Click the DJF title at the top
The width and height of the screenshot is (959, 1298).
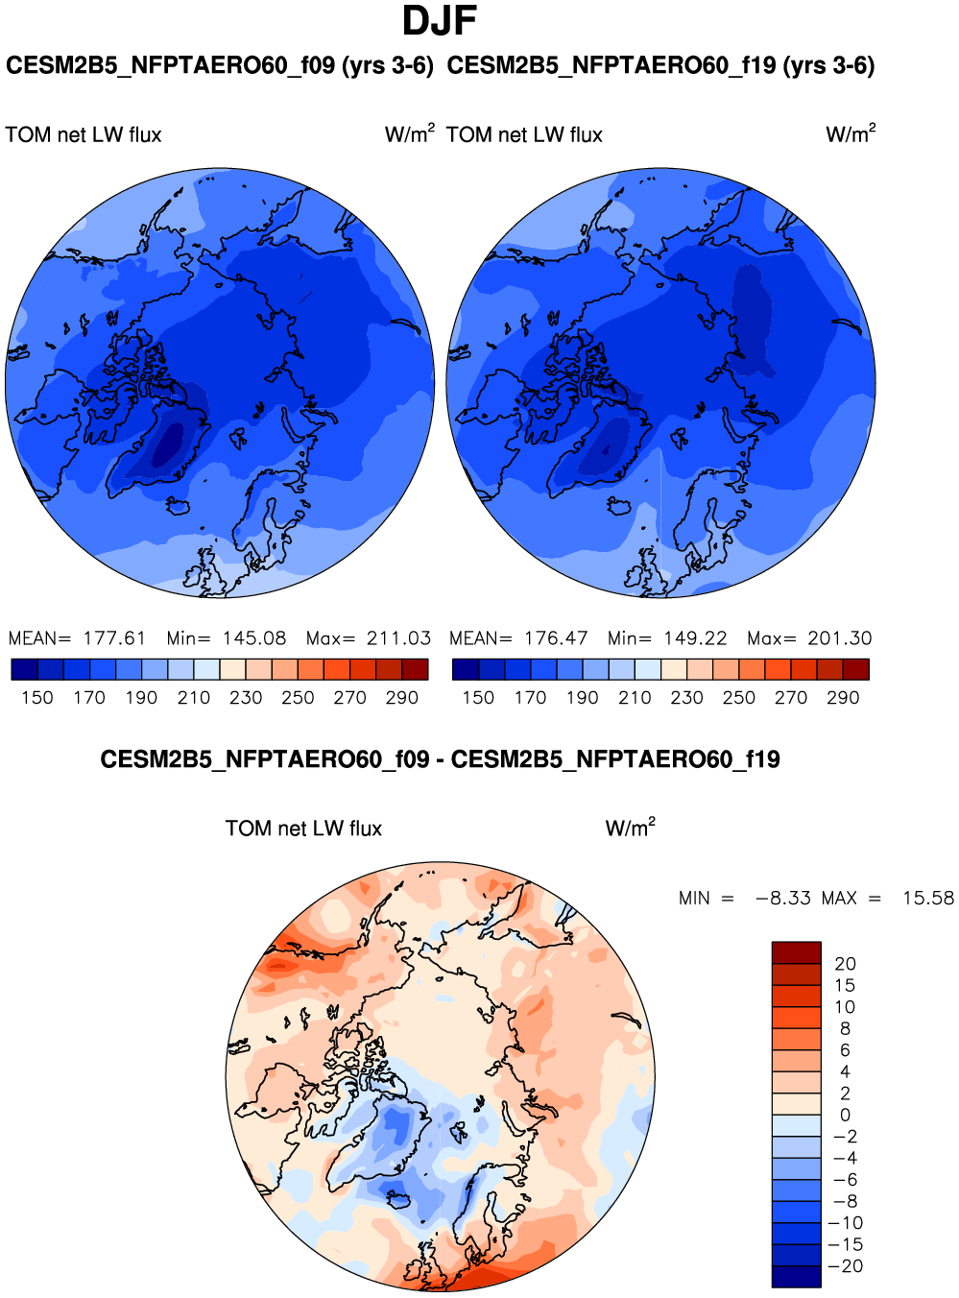439,21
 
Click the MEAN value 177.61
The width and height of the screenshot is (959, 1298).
114,638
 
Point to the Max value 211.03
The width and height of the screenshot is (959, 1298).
398,638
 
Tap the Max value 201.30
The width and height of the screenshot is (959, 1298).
839,638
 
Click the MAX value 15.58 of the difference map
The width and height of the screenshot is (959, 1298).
927,899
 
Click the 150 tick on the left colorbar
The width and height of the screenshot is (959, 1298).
37,698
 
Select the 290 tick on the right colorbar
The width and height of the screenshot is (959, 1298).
843,698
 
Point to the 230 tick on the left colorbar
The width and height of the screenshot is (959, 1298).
246,698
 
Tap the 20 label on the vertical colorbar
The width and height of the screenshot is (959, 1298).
845,964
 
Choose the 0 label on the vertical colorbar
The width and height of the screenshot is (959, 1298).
845,1116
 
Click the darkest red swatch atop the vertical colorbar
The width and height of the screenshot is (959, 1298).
796,952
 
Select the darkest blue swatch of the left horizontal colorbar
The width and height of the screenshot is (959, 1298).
24,669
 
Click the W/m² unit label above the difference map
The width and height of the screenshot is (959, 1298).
630,828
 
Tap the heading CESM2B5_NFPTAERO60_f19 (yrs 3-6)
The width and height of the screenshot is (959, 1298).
660,65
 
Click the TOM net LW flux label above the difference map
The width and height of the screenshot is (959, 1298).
303,829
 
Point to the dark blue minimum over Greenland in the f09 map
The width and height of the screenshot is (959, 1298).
170,443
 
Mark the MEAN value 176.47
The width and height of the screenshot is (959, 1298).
556,638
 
